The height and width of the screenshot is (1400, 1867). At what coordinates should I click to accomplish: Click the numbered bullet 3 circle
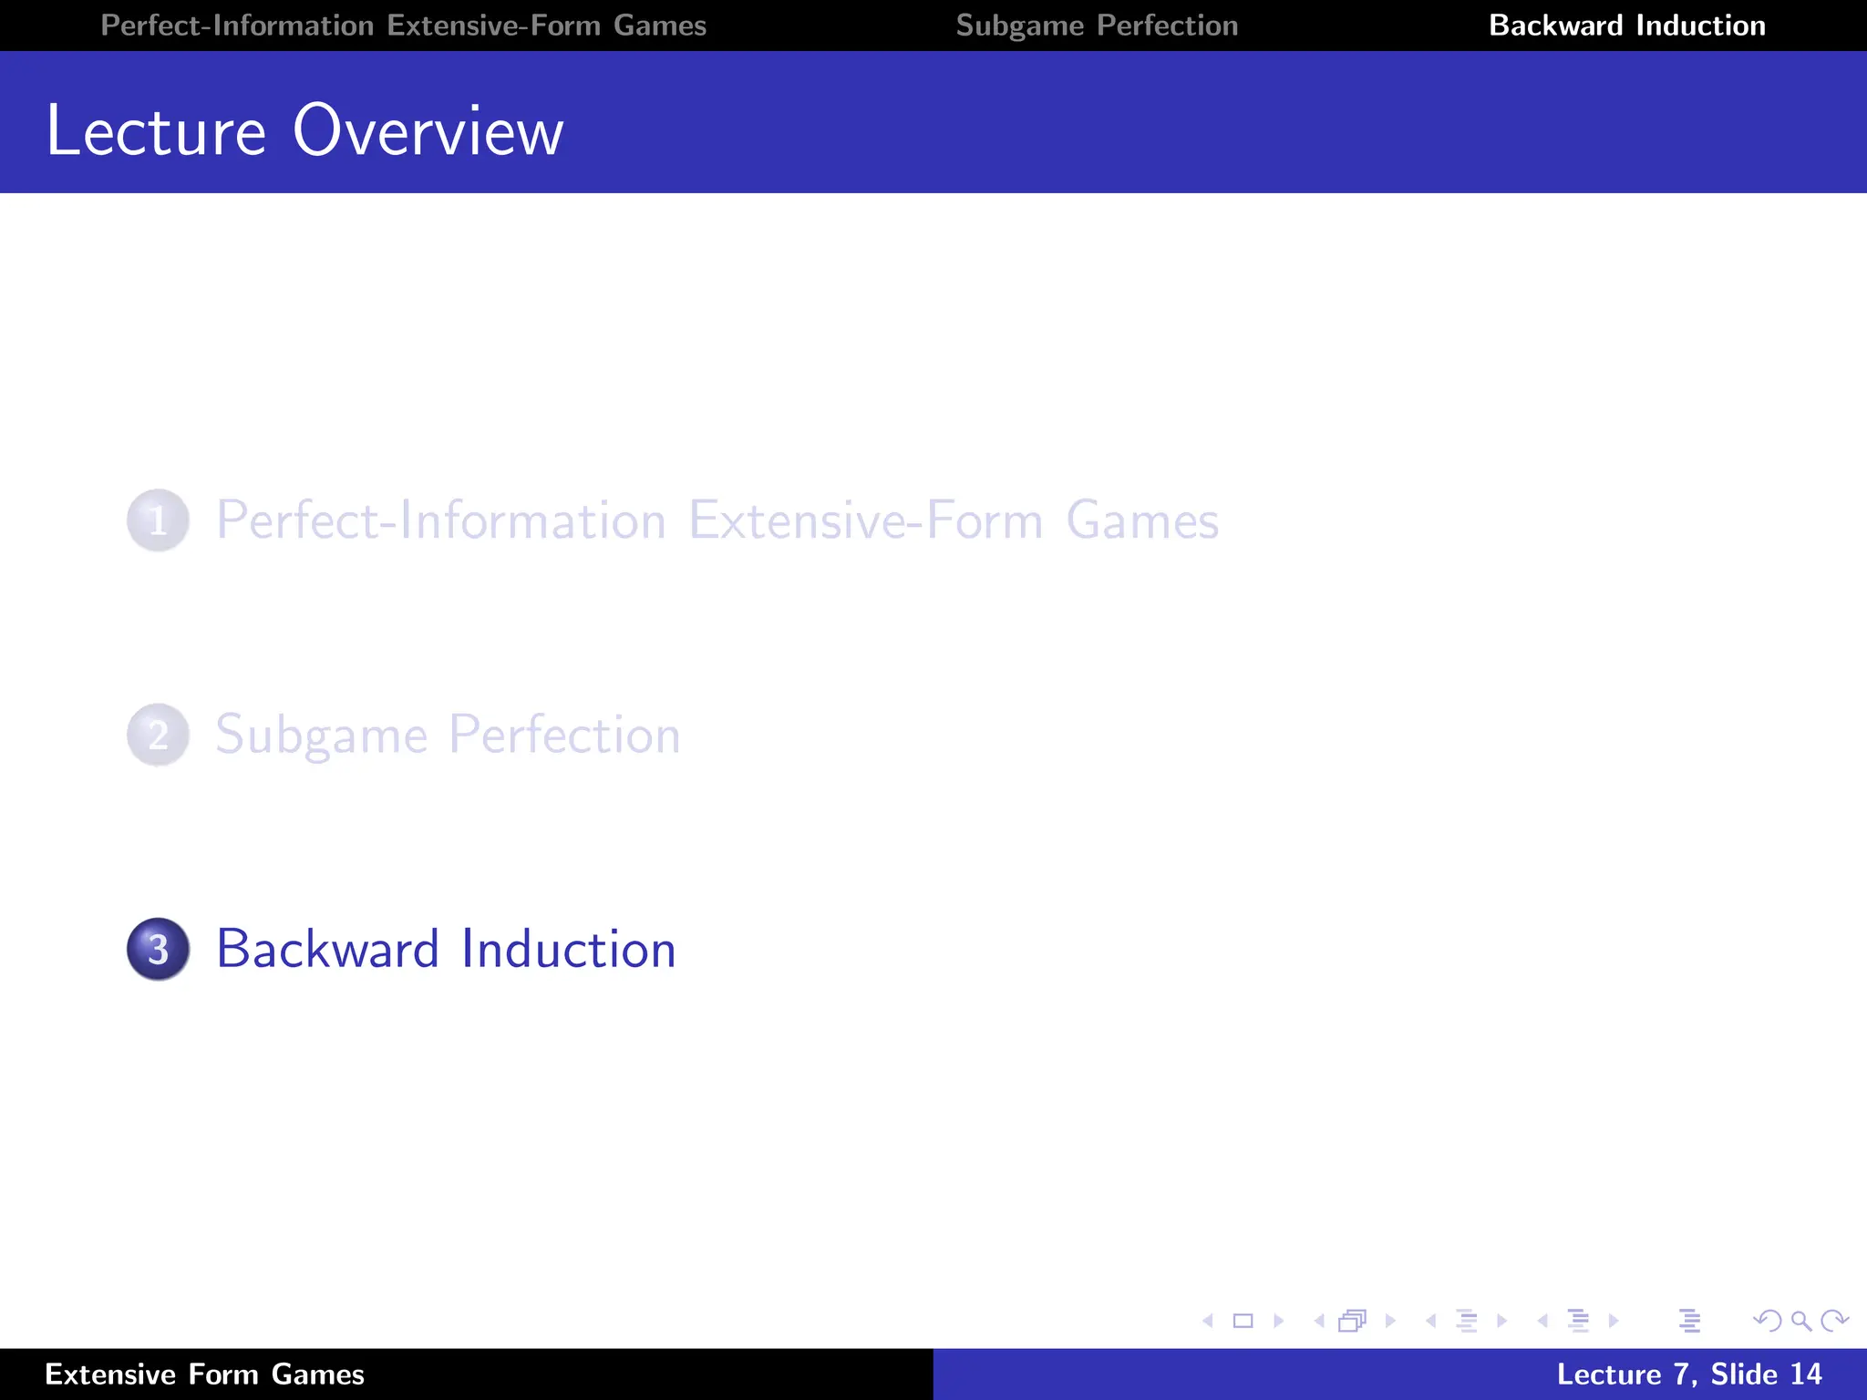click(158, 949)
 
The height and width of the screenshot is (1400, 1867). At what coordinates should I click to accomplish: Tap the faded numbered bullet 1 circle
click(158, 520)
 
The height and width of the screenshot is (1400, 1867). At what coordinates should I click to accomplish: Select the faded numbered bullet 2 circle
click(158, 735)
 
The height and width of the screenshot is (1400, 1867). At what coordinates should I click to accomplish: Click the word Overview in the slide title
click(428, 131)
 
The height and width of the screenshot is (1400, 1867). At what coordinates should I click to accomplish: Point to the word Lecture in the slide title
click(156, 131)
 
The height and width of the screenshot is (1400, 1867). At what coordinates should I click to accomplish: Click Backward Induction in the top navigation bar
click(1626, 26)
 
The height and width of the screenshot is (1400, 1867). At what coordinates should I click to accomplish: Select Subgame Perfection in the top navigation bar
click(1097, 26)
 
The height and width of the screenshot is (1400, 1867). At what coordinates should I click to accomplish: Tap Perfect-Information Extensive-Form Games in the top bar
click(403, 26)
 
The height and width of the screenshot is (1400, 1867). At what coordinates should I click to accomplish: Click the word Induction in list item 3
click(568, 949)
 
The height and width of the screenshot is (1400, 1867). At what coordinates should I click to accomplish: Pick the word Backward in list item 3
click(328, 949)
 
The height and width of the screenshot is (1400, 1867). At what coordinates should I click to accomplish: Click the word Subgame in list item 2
click(321, 735)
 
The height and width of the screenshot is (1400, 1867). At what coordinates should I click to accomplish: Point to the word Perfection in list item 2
click(564, 735)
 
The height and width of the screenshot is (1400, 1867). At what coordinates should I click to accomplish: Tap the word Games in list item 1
click(1142, 520)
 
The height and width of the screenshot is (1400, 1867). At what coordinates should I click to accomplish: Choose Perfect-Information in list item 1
click(440, 520)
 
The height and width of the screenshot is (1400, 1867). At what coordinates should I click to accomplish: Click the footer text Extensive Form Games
click(204, 1374)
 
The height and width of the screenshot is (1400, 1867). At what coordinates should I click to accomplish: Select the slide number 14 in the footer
click(1805, 1374)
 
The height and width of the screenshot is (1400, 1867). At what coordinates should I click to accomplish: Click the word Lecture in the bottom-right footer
click(1609, 1374)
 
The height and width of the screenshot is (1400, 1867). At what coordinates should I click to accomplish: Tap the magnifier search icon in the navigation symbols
click(1800, 1321)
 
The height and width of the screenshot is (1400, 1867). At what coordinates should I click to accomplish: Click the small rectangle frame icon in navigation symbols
click(1243, 1321)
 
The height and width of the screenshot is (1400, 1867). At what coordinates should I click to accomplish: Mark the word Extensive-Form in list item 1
click(865, 520)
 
